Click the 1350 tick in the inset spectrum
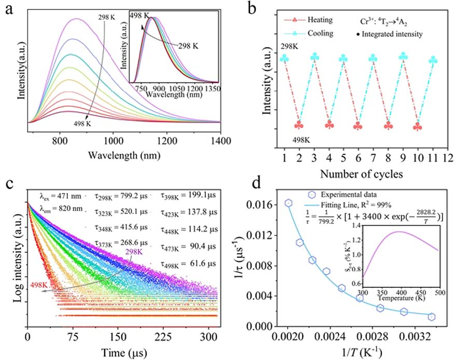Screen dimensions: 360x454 (211, 89)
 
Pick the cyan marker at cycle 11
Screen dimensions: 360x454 (433, 60)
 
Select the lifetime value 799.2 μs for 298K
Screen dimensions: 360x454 (128, 197)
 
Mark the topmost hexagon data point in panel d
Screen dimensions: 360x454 (289, 203)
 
